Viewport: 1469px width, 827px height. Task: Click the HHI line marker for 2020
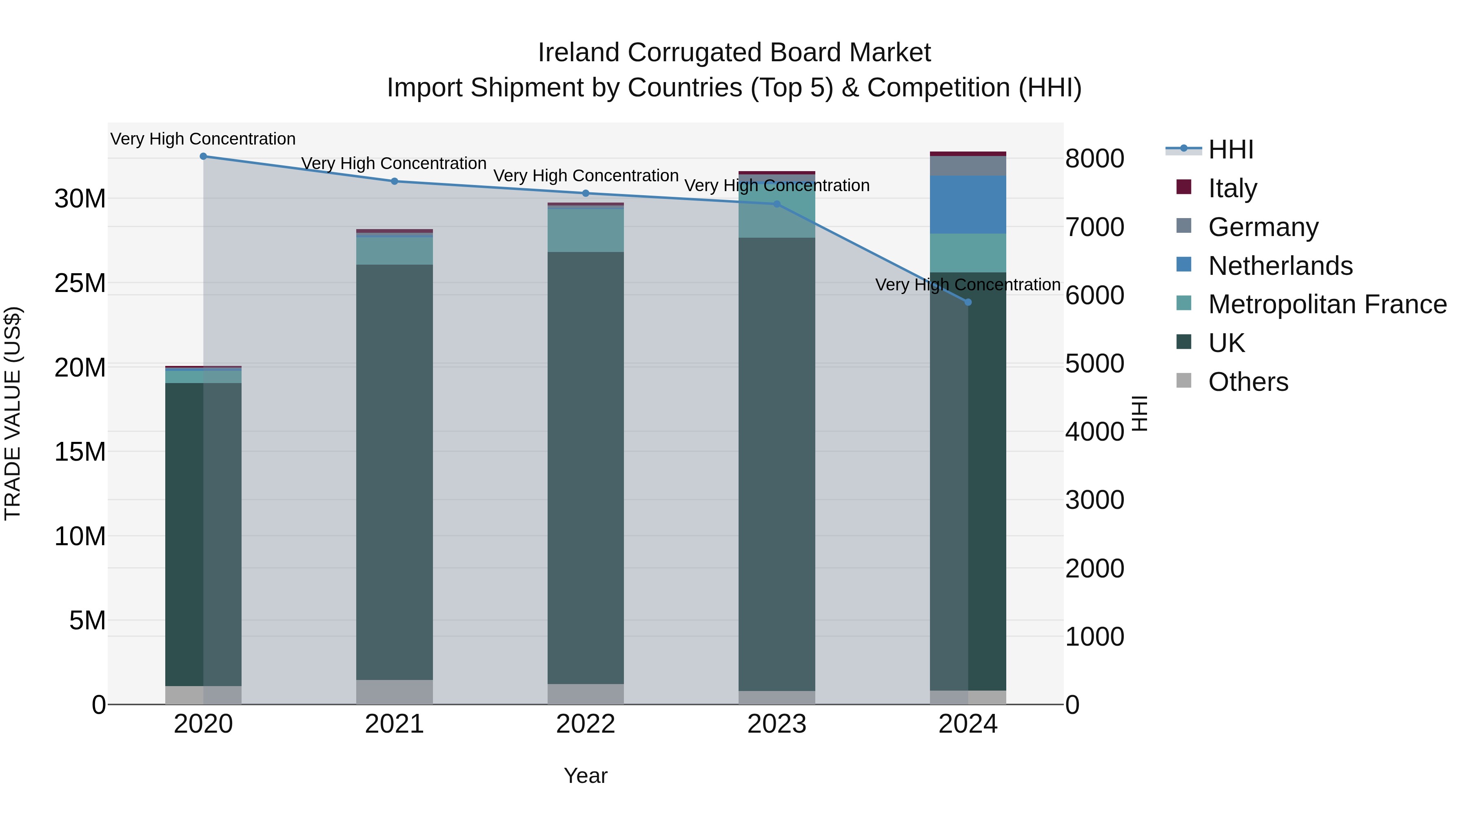pos(203,156)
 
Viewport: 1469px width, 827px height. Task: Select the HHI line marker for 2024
pos(968,302)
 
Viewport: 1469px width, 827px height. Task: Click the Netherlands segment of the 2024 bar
pos(968,204)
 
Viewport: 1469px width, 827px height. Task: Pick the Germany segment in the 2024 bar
pos(968,165)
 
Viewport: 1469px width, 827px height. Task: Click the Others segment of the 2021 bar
pos(395,692)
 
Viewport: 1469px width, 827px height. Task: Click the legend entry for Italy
pos(1232,188)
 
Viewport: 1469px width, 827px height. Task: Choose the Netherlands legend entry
pos(1280,266)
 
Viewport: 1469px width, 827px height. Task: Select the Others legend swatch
pos(1184,381)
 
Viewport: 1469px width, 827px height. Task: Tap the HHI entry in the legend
pos(1231,149)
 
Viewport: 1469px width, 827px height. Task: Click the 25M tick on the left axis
pos(80,283)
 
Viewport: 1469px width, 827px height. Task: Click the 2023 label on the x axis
pos(777,724)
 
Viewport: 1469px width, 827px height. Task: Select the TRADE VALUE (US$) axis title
pos(13,413)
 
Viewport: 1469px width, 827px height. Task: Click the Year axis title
pos(586,776)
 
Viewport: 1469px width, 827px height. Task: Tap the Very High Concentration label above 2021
pos(394,163)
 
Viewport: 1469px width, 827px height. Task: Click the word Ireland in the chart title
pos(579,53)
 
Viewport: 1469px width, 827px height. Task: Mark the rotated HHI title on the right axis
pos(1139,413)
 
